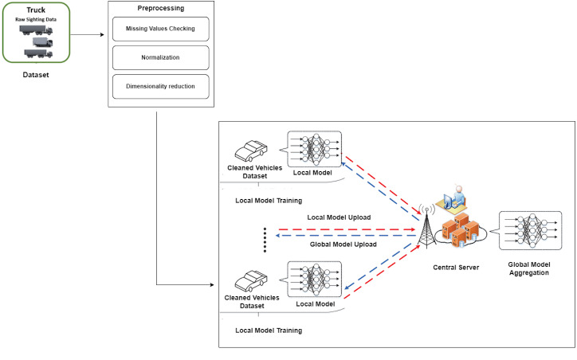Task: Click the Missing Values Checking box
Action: pos(160,29)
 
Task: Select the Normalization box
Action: pos(160,57)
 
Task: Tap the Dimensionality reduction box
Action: pos(160,86)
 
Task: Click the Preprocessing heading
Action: pos(161,8)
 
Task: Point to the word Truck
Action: pos(36,10)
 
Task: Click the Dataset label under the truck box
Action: pos(36,75)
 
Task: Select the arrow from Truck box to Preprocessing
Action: pos(87,35)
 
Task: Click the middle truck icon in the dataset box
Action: pos(43,42)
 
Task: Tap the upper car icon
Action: pos(251,151)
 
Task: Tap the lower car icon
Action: pos(251,281)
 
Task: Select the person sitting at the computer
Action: pos(452,198)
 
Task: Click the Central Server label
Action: pos(456,268)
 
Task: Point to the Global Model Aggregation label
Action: pos(529,268)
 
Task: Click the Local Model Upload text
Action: pos(339,217)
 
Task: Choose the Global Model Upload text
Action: pos(343,245)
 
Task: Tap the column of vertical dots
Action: pos(265,240)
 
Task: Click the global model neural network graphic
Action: pos(531,230)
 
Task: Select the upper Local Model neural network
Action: pos(314,149)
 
